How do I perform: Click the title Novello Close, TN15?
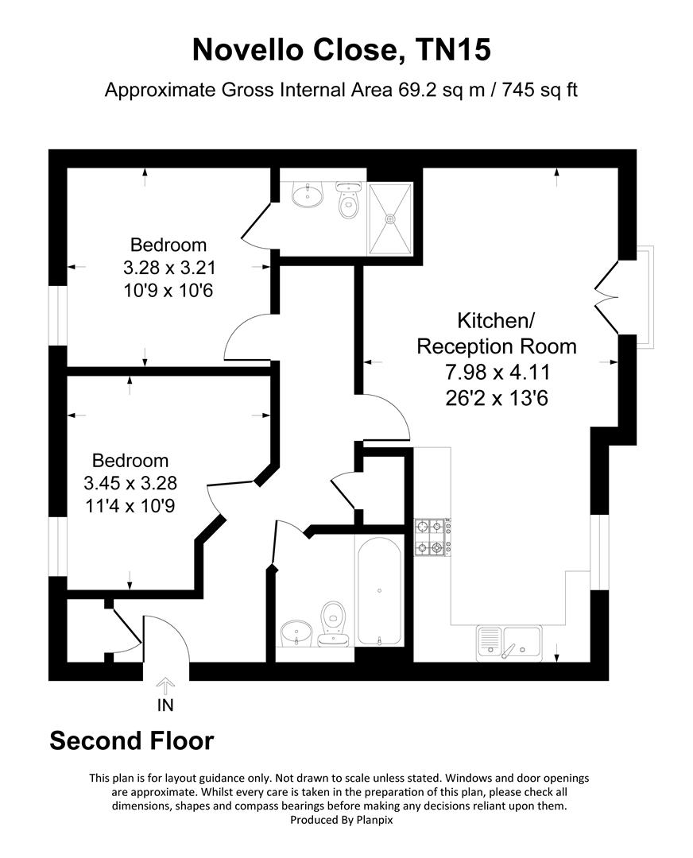point(342,51)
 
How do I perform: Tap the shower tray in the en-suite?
point(390,217)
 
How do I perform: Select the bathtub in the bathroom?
point(380,589)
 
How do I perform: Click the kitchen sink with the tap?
point(509,641)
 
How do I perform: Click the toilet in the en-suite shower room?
point(348,202)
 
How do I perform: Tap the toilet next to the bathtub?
point(333,620)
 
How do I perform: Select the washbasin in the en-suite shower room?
point(307,194)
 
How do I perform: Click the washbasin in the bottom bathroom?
point(296,632)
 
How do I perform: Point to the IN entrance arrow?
point(165,685)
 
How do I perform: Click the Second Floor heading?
point(132,740)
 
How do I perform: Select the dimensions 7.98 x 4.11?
point(497,371)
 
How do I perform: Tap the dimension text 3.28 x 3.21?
point(168,267)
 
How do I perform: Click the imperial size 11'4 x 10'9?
point(130,505)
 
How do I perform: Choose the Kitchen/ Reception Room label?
point(497,334)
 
